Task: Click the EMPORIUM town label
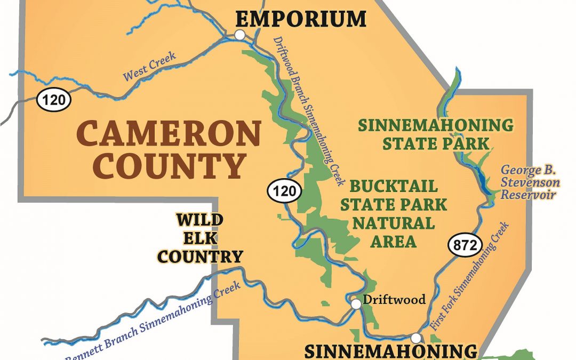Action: tap(301, 19)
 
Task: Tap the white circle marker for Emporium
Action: tap(240, 35)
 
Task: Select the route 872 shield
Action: tap(460, 245)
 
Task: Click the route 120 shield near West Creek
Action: tap(53, 99)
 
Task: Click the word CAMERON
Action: tap(169, 133)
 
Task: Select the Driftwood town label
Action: tap(394, 299)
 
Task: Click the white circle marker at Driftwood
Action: tap(356, 304)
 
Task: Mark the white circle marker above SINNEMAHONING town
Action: tap(415, 338)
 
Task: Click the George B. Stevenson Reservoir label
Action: tap(530, 182)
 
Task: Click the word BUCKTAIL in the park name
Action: tap(394, 187)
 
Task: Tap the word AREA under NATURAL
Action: tap(394, 241)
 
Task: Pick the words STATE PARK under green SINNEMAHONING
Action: tap(436, 143)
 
